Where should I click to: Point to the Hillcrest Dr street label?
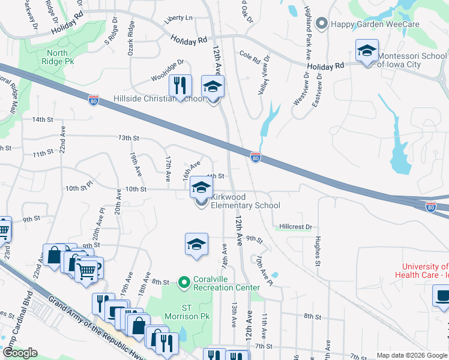tap(296, 227)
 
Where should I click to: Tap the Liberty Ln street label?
tap(181, 18)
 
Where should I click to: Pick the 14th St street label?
tap(43, 119)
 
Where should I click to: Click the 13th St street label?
tap(124, 137)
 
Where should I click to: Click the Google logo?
tap(20, 353)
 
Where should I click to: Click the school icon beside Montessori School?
tap(366, 51)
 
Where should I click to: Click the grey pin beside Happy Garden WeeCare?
tap(321, 24)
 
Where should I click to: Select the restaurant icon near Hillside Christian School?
tap(179, 86)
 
